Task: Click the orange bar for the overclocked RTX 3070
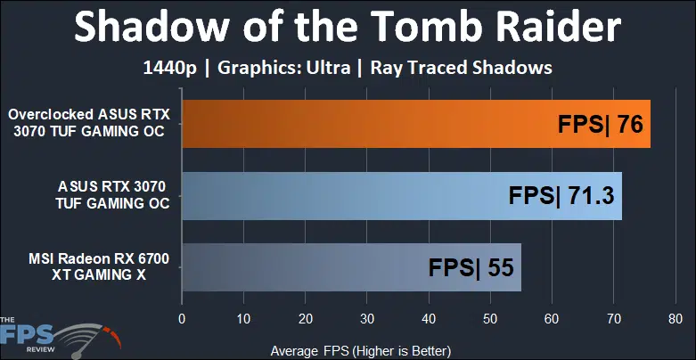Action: tap(416, 124)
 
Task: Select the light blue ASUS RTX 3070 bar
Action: tap(402, 196)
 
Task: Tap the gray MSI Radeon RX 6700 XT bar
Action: tap(351, 267)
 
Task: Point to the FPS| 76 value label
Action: tap(600, 124)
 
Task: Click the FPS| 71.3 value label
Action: tap(561, 196)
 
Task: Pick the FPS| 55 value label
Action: tap(471, 267)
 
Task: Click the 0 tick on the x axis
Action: tap(182, 319)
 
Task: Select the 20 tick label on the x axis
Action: tap(305, 319)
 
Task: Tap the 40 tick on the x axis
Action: tap(429, 319)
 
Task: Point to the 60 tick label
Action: tap(552, 319)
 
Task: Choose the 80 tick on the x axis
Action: tap(676, 319)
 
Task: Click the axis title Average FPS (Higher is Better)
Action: tap(361, 351)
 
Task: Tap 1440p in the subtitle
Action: tap(169, 69)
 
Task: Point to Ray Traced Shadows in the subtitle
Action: tap(462, 68)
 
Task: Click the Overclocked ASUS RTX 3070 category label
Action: tap(89, 123)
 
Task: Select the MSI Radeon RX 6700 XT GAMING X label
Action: tap(99, 266)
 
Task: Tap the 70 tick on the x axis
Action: tap(613, 319)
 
